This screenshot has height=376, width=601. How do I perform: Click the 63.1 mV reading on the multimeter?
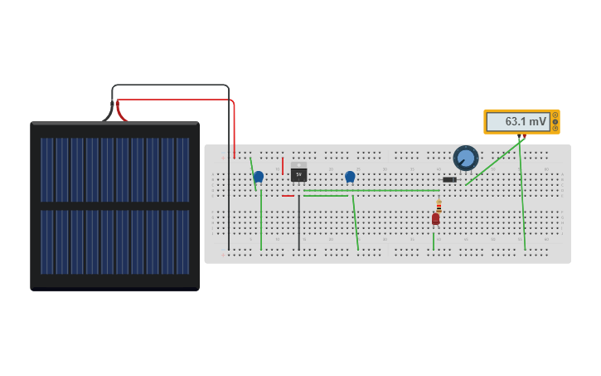(x=526, y=122)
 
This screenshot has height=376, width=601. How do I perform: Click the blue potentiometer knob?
(x=466, y=158)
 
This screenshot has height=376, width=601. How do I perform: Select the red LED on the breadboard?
(x=435, y=219)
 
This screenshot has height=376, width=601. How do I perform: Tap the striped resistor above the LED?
(x=439, y=205)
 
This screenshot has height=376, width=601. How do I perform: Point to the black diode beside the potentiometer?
(x=449, y=179)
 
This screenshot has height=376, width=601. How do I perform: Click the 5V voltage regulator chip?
(x=298, y=174)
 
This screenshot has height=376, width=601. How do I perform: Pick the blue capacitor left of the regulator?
(x=259, y=176)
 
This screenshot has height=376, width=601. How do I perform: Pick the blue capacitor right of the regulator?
(x=350, y=176)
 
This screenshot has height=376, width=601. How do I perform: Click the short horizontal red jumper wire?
(x=288, y=196)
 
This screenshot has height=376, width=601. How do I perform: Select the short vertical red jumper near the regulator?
(x=283, y=166)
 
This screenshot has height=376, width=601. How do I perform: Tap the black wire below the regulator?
(x=299, y=224)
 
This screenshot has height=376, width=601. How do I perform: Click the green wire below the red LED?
(x=433, y=241)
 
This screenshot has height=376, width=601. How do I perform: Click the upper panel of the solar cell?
(x=114, y=169)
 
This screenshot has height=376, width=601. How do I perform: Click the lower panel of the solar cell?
(x=114, y=242)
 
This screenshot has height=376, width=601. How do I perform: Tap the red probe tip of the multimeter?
(x=524, y=136)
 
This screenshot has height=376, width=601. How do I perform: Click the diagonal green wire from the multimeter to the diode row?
(x=493, y=163)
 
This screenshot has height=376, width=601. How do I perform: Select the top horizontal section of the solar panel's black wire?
(x=170, y=85)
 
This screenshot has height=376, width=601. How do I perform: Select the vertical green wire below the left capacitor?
(x=261, y=220)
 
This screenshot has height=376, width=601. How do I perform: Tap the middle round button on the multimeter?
(x=555, y=121)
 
